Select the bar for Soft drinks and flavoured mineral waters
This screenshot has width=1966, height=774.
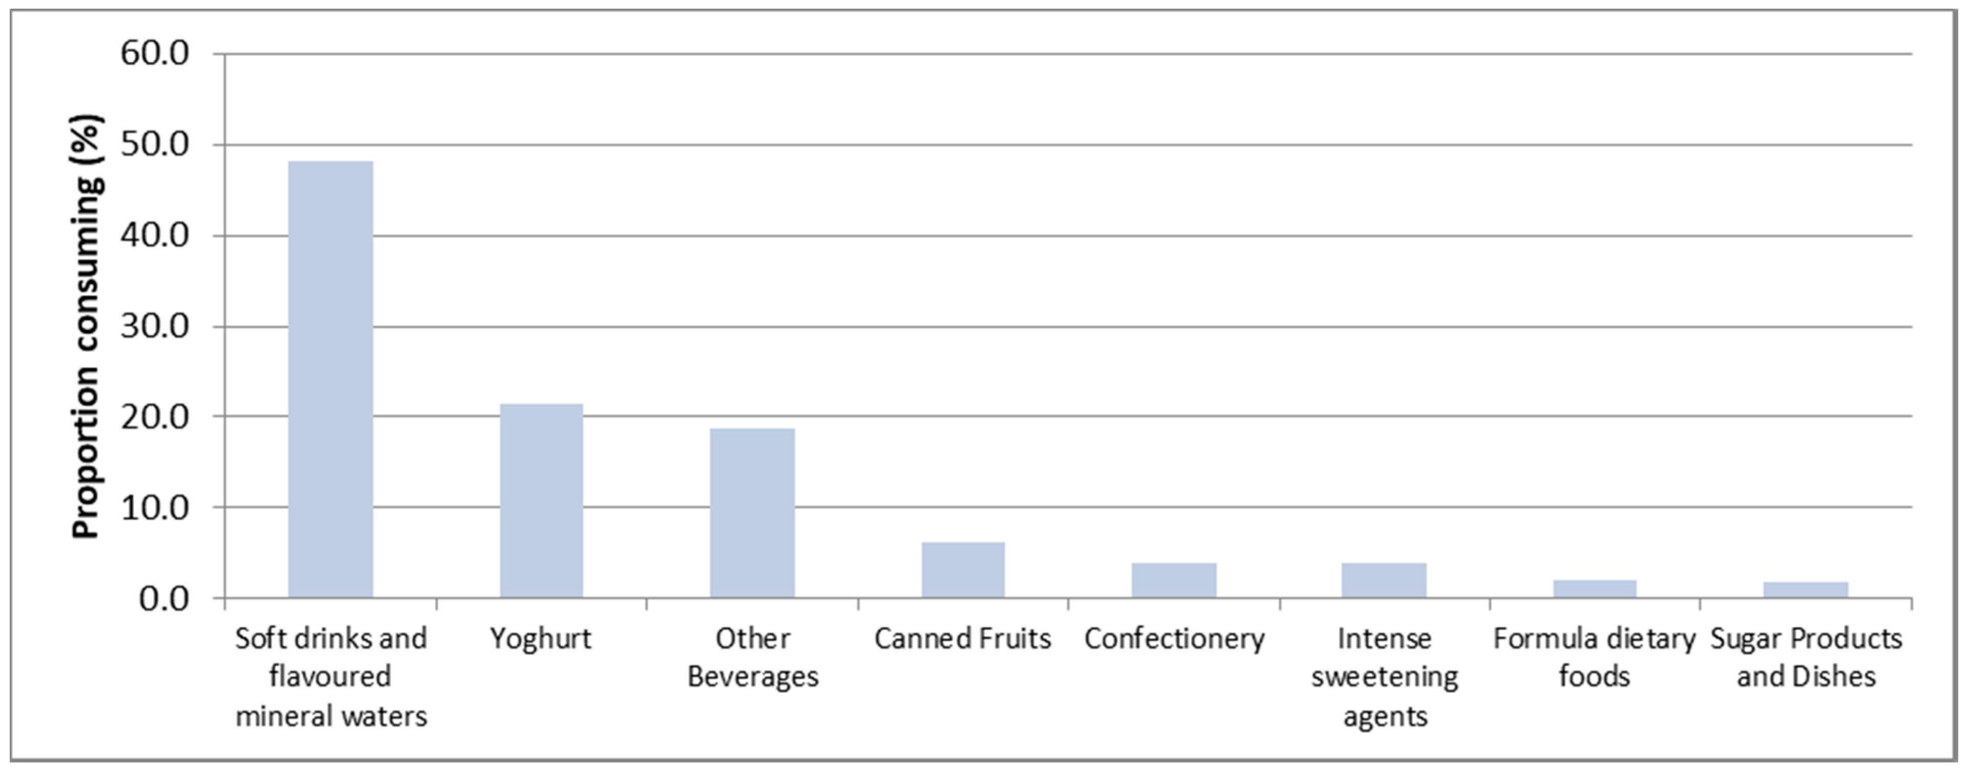(x=330, y=379)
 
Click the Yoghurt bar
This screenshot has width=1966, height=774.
(x=541, y=501)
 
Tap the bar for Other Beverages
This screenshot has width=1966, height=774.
(x=752, y=513)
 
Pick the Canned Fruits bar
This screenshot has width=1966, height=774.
(x=963, y=569)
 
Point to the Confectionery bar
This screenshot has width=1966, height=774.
(x=1174, y=580)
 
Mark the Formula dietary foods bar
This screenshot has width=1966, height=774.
(x=1595, y=588)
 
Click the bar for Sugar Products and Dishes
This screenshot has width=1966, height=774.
(x=1806, y=589)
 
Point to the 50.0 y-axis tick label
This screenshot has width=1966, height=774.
(x=154, y=144)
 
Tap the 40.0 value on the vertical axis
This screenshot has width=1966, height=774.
(x=154, y=235)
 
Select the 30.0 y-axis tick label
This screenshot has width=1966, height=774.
(x=154, y=326)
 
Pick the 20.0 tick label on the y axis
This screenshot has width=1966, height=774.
(x=154, y=417)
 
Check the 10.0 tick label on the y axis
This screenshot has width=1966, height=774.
(x=154, y=507)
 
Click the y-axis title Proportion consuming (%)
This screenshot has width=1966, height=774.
(x=86, y=327)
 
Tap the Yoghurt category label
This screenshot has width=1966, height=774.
(x=541, y=638)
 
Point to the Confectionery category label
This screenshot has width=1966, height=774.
(x=1174, y=638)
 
